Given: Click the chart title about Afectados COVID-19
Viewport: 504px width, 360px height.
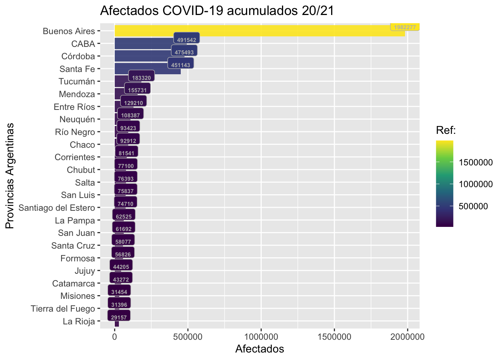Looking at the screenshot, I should [x=217, y=10].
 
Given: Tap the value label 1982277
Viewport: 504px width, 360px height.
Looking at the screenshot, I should [x=405, y=27].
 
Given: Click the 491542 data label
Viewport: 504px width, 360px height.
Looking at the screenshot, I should [x=186, y=40].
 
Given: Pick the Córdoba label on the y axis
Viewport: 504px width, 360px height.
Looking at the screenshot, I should [x=78, y=56].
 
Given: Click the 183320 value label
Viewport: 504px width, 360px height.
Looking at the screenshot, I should [x=141, y=78].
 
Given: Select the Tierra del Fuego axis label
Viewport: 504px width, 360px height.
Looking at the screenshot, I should [x=63, y=309].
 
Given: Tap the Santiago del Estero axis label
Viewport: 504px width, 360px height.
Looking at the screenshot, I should [x=57, y=208].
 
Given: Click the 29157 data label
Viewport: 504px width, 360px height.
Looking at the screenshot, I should [x=119, y=317].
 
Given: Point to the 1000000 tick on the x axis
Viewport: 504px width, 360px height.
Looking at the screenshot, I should [x=261, y=337].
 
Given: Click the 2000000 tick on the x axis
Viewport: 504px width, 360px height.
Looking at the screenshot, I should [x=408, y=337].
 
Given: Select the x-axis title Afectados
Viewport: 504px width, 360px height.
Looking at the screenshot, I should [x=259, y=349].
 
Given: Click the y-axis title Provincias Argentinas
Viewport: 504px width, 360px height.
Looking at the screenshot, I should [x=10, y=175].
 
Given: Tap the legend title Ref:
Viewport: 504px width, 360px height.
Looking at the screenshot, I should [x=446, y=130].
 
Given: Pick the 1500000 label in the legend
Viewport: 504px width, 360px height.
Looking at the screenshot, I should [x=476, y=162].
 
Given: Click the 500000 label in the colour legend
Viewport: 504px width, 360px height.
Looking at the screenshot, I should [x=474, y=206].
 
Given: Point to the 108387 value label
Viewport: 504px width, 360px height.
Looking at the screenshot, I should [x=130, y=115].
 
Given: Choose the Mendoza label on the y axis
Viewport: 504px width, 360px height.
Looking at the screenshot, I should [x=77, y=94].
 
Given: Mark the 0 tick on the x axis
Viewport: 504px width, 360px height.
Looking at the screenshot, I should [x=114, y=337].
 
